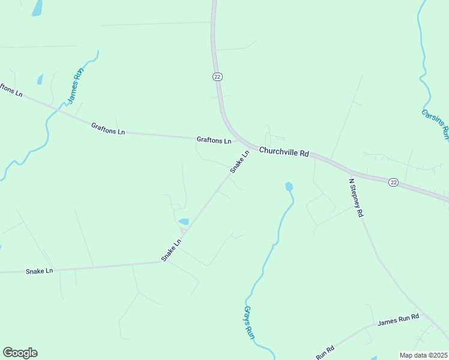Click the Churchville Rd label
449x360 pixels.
284,152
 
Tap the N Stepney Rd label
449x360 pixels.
355,197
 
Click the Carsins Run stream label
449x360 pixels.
435,124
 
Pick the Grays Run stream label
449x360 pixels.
249,323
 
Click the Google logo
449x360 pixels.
20,353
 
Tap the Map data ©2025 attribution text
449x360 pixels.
423,355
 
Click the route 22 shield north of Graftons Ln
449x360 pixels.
217,76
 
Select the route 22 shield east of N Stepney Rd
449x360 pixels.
393,182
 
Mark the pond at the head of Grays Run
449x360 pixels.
289,187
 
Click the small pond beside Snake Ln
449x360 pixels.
184,221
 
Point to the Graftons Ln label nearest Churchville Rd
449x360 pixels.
214,140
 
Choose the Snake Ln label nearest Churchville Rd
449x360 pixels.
239,162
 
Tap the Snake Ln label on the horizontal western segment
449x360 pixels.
40,271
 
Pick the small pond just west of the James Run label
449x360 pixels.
40,79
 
